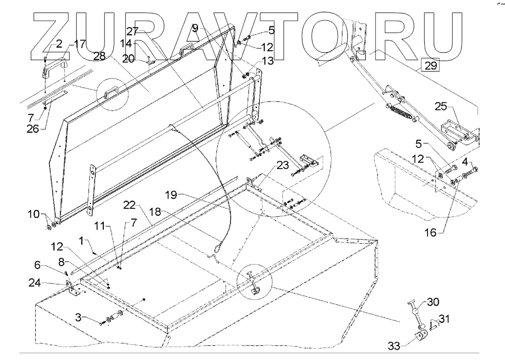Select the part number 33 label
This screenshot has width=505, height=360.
point(394,345)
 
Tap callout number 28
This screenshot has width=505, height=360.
point(100,57)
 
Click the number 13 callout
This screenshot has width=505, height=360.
point(267,61)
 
